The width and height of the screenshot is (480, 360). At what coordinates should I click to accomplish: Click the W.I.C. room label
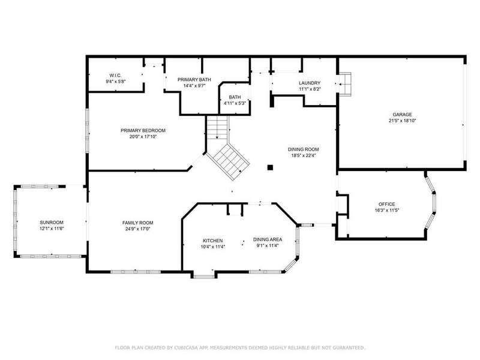[x=115, y=76]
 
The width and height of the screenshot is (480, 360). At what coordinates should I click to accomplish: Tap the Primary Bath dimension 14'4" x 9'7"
[x=194, y=86]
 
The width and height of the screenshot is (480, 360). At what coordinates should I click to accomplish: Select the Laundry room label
[x=310, y=83]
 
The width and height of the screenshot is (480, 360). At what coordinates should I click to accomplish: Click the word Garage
[x=402, y=115]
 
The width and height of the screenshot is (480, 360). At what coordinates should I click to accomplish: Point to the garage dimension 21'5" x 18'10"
[x=402, y=121]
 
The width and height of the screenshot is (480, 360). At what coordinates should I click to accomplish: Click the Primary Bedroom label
[x=143, y=130]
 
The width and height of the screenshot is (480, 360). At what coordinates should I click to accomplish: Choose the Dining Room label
[x=304, y=149]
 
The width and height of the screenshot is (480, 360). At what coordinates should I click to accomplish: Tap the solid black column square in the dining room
[x=270, y=167]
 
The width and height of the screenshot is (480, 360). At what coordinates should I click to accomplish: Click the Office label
[x=386, y=204]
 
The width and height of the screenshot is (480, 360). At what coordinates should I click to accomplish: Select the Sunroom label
[x=52, y=223]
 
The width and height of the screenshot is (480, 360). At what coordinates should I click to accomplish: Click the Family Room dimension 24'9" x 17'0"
[x=138, y=229]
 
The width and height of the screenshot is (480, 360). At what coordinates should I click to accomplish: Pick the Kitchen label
[x=213, y=241]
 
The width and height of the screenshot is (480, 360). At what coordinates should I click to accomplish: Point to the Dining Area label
[x=268, y=239]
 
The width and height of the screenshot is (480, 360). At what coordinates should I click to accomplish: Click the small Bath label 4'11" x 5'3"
[x=235, y=100]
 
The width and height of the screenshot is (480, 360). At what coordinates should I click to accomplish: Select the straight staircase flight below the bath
[x=218, y=128]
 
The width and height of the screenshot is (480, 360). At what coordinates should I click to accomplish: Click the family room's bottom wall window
[x=136, y=272]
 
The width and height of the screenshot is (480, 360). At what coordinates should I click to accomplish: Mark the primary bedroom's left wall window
[x=87, y=131]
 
